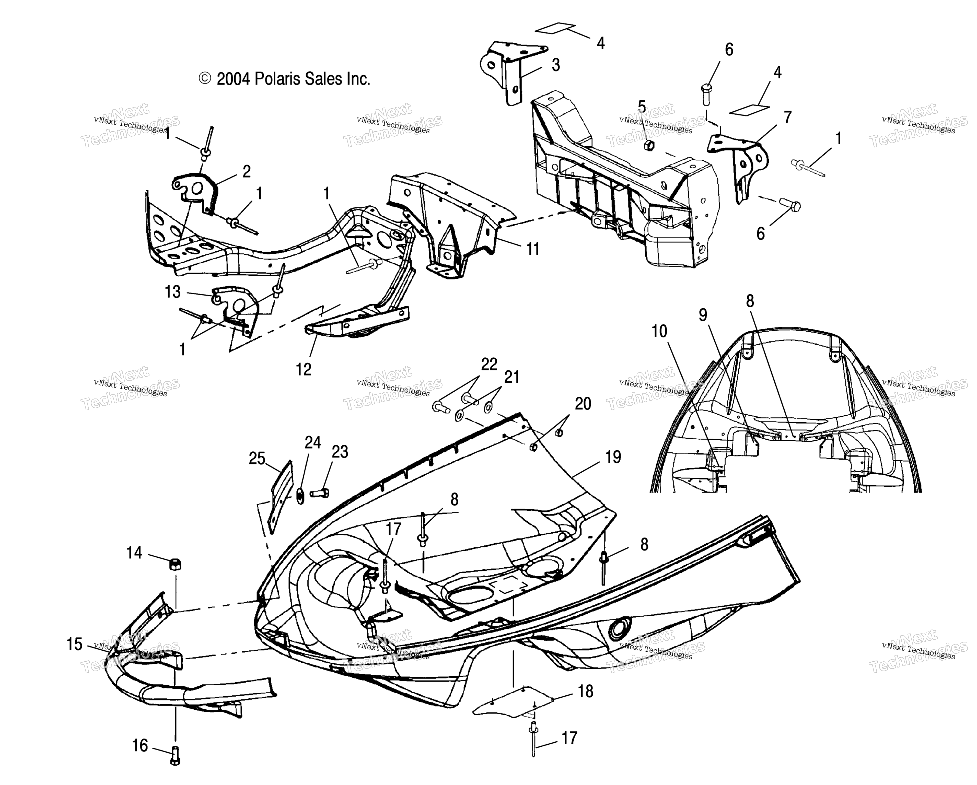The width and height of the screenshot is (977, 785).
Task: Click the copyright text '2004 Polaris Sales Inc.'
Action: [x=293, y=79]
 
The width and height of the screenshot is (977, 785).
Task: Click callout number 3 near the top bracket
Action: [x=556, y=65]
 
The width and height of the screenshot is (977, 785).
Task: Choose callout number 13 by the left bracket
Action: [x=173, y=292]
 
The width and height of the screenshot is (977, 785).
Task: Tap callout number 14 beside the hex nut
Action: [x=134, y=553]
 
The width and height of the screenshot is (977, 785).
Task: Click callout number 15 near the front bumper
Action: [x=75, y=644]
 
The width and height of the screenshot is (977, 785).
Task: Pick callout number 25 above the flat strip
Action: [x=257, y=459]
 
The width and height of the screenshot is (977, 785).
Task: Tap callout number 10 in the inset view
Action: [x=659, y=332]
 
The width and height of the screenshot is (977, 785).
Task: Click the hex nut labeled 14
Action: [x=175, y=564]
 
